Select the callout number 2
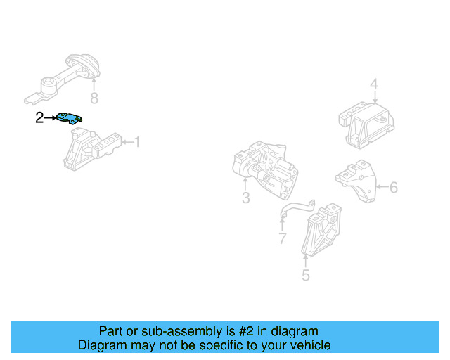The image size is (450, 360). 40,118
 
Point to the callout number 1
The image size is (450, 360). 137,143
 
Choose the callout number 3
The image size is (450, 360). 245,198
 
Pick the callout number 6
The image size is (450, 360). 393,187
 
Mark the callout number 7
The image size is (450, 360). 282,239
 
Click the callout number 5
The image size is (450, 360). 305,274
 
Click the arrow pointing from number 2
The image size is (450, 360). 51,118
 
